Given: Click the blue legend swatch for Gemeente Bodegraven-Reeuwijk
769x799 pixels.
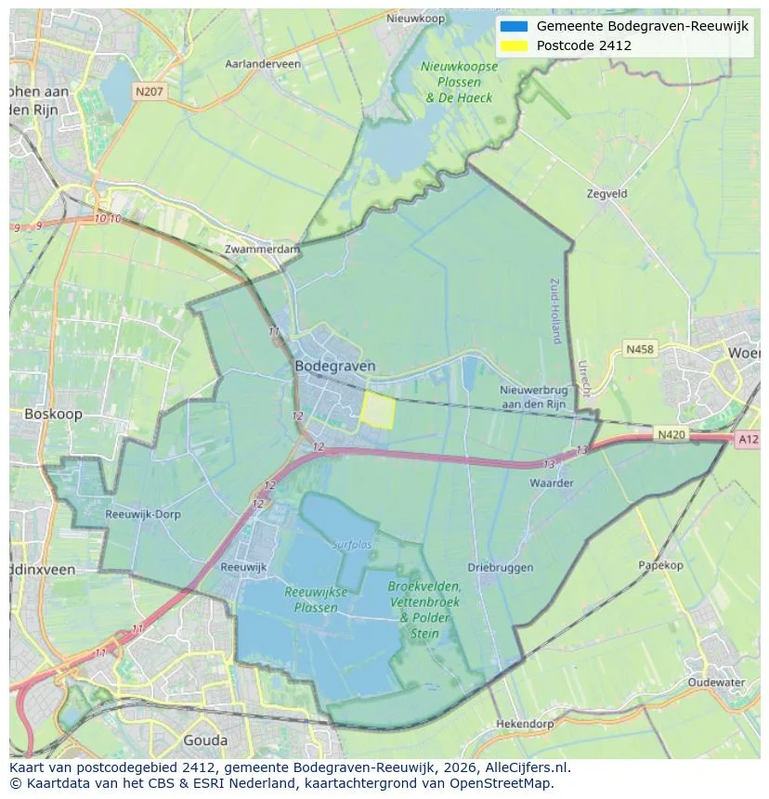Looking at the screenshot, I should click(512, 26).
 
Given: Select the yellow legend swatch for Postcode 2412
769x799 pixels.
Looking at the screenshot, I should click(512, 45).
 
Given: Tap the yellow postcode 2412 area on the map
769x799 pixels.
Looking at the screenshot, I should click(377, 409).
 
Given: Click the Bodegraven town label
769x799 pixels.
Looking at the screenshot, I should click(334, 367).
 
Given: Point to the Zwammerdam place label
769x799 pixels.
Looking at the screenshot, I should click(263, 250).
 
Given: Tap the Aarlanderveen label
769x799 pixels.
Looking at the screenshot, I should click(263, 64).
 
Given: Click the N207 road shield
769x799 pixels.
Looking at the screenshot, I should click(149, 91).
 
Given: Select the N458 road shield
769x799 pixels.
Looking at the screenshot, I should click(639, 350).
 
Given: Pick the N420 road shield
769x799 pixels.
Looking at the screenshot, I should click(671, 434).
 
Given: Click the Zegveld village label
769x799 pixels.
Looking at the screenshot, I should click(607, 194).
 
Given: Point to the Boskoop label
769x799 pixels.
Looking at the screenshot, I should click(53, 414).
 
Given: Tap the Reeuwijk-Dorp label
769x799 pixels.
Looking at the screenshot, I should click(143, 514).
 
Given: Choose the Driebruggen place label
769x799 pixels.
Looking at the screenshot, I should click(500, 567).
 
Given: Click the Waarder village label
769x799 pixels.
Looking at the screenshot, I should click(552, 483).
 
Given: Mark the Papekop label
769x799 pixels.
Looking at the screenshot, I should click(660, 565).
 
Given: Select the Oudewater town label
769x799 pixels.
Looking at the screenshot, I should click(716, 682).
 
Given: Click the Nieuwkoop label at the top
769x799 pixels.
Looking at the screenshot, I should click(415, 19).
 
